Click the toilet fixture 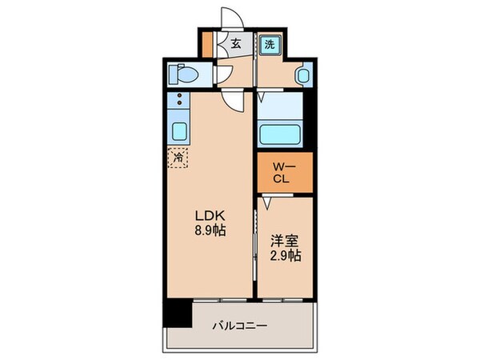tap(183, 76)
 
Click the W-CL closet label tap(282, 173)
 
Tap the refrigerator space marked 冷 tap(178, 158)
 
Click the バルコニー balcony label tap(240, 326)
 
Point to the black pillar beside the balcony tap(178, 314)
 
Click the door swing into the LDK tap(234, 100)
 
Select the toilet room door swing tap(226, 77)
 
